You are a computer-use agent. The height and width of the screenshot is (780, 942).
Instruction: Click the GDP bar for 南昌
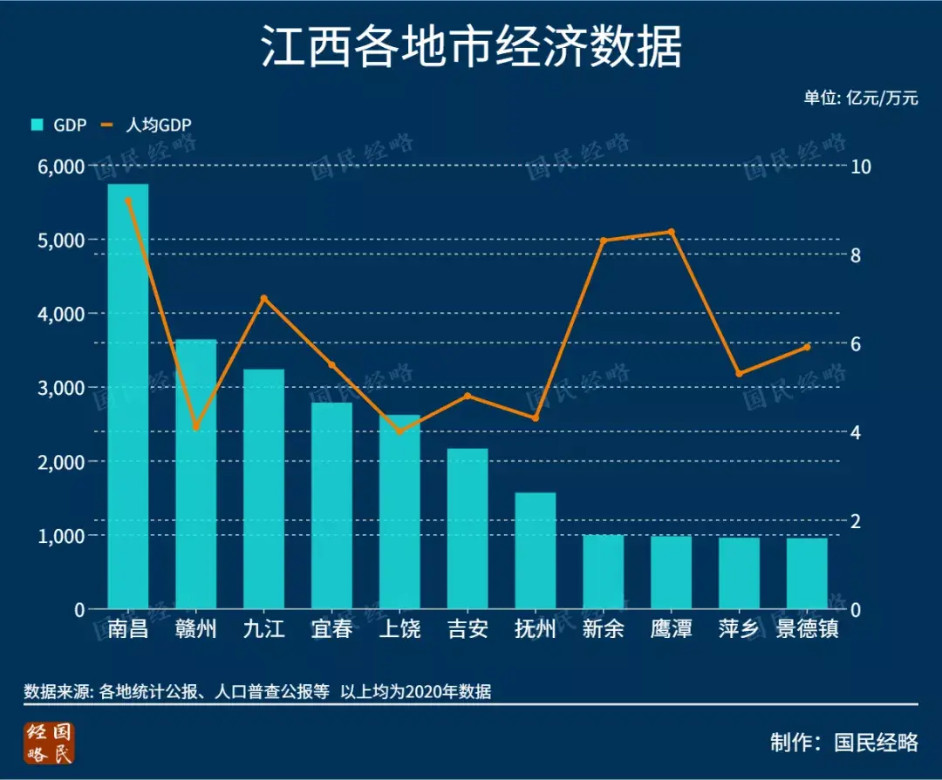pos(128,397)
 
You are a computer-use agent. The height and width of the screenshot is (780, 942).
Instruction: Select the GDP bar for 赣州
pos(196,474)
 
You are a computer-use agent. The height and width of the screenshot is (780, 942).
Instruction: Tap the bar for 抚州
pos(536,551)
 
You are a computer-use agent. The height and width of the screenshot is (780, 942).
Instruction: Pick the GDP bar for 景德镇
pos(807,573)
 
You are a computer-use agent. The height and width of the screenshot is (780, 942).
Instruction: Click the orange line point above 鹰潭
pos(671,232)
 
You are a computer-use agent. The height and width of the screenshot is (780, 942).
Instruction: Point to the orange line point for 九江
pos(263,299)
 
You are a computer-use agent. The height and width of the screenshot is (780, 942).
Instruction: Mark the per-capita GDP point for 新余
pos(604,241)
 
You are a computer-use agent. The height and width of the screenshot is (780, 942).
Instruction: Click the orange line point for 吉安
pos(468,396)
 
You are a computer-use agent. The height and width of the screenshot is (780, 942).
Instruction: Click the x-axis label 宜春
pos(331,628)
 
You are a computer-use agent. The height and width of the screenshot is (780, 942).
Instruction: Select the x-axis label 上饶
pos(399,628)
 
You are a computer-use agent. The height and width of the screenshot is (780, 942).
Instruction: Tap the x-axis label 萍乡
pos(739,628)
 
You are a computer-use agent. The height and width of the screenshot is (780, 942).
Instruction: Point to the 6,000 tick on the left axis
pos(61,166)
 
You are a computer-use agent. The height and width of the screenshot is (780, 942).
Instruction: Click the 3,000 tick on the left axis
pos(61,388)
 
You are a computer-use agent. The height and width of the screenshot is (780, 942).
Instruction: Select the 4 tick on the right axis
pos(857,432)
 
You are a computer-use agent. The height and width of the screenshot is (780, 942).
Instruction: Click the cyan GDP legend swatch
pos(37,125)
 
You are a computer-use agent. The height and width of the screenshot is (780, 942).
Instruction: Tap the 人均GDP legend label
pos(158,125)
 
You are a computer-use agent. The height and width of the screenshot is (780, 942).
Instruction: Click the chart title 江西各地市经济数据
pos(471,46)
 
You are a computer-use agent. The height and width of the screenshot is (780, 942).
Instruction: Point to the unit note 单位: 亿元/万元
pos(861,98)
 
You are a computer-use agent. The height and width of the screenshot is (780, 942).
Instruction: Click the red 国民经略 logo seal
pos(50,743)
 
